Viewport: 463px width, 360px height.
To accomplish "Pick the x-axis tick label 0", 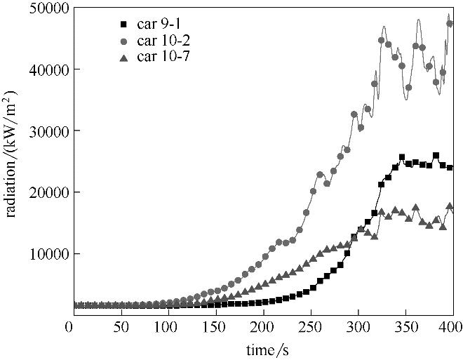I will (x=69, y=327).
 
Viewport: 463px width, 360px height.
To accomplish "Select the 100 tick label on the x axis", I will (x=164, y=327).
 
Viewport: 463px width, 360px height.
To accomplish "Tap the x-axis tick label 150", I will (x=213, y=327).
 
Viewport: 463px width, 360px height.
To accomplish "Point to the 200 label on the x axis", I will (x=261, y=327).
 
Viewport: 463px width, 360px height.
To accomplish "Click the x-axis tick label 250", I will (x=309, y=327).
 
